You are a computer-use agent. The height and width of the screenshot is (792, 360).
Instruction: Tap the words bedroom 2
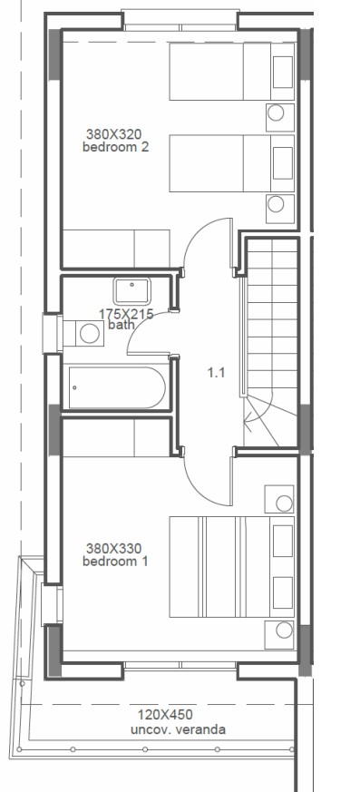pos(115,147)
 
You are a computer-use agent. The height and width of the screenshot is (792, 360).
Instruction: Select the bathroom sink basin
pos(131,291)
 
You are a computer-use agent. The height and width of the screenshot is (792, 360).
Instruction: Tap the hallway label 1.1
pos(216,372)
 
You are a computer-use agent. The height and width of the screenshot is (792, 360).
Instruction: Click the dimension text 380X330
pos(114,549)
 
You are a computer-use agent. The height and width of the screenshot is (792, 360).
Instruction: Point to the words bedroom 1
pos(114,562)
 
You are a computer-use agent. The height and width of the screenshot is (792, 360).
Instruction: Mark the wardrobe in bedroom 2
pos(115,247)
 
